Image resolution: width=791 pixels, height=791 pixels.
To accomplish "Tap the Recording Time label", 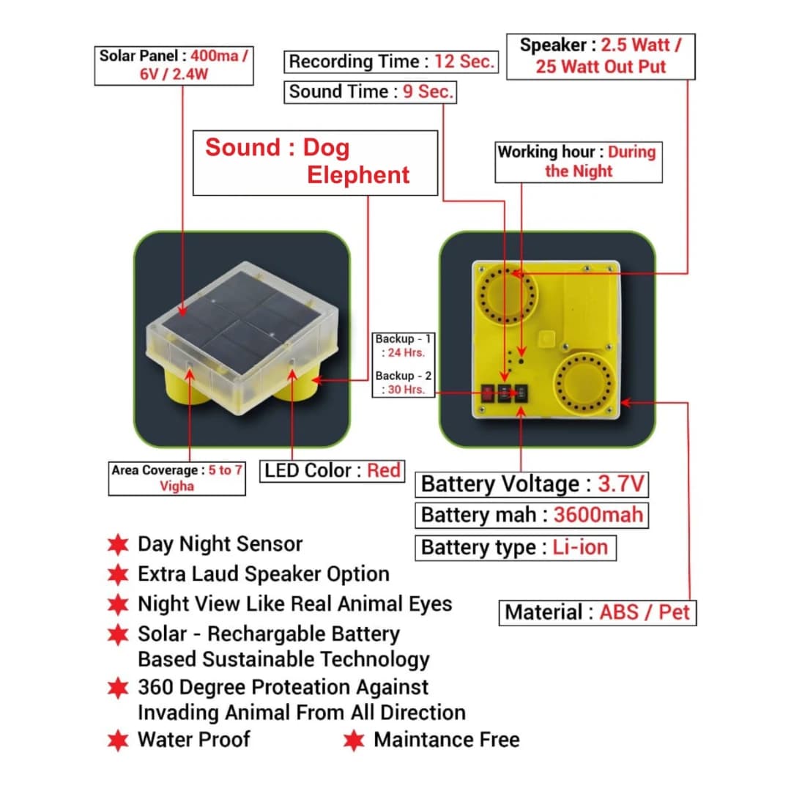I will tap(390, 62).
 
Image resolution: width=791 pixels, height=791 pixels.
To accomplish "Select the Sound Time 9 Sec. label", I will tap(370, 92).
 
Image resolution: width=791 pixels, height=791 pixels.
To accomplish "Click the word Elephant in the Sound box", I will tap(357, 176).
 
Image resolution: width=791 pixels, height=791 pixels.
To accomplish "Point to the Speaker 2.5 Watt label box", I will tap(600, 56).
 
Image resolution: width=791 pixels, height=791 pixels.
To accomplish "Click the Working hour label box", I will tap(578, 162).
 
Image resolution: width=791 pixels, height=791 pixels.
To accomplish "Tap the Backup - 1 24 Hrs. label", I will tap(403, 346).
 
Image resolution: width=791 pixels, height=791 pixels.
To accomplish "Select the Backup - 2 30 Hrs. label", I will tap(404, 383).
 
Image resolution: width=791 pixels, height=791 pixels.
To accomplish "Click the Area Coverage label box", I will tap(177, 478).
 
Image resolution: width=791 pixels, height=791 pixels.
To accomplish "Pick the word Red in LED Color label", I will tap(384, 470).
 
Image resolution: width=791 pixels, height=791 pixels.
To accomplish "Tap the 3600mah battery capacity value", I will tap(598, 515).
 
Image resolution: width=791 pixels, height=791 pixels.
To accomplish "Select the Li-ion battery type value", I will tap(580, 547).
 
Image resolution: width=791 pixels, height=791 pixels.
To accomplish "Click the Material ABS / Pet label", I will tap(598, 612).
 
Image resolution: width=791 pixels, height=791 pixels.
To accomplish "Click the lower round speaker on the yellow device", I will tap(584, 385).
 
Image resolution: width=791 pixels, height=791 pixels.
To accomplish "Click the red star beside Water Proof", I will tap(117, 740).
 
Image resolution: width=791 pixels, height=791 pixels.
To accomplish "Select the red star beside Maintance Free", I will tap(354, 740).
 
